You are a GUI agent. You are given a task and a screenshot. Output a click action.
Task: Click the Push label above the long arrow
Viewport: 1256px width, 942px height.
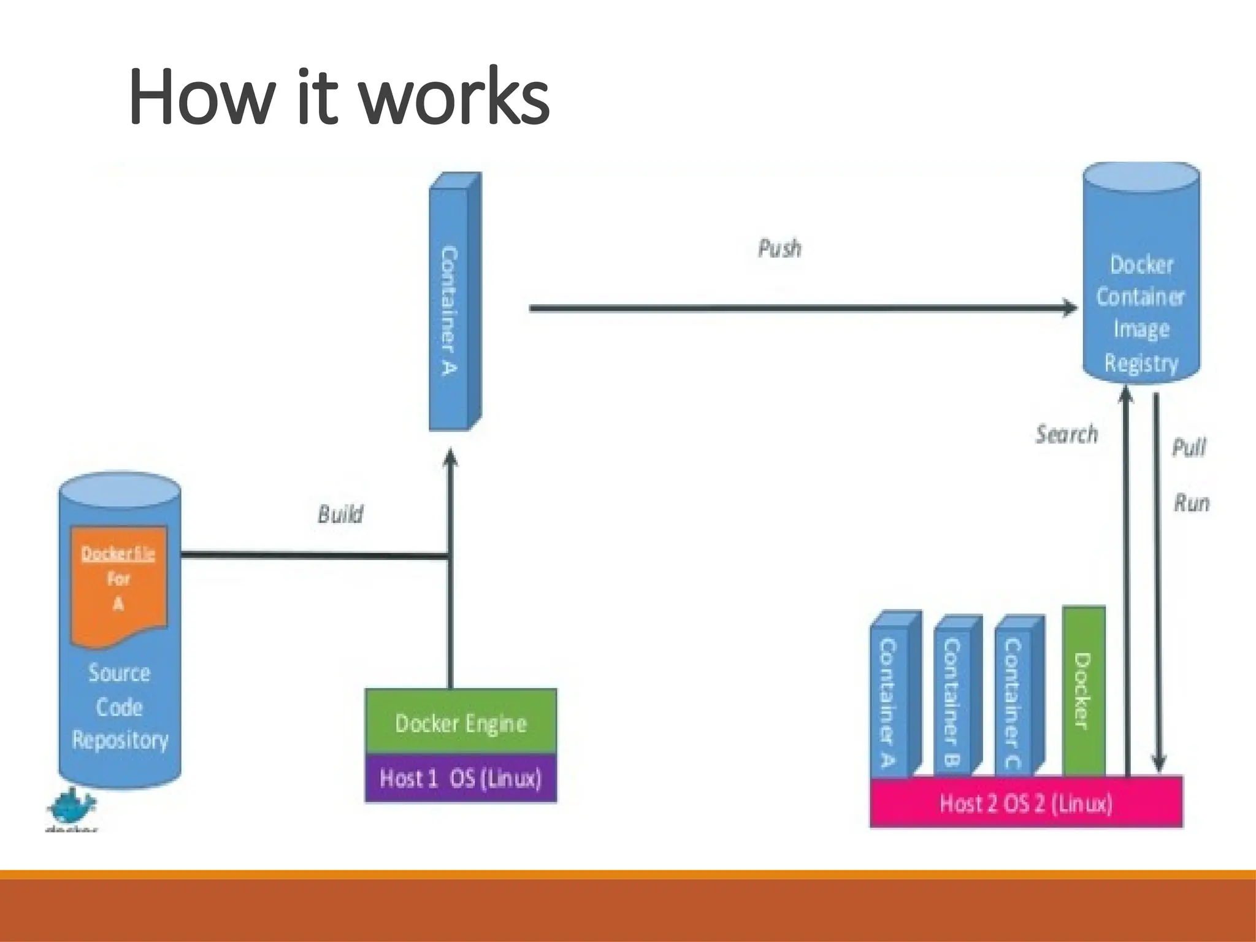pyautogui.click(x=779, y=248)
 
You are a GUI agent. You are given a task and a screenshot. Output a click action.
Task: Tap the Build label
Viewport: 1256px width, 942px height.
pyautogui.click(x=340, y=514)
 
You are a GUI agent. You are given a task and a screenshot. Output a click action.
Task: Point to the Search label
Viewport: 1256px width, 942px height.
pyautogui.click(x=1066, y=434)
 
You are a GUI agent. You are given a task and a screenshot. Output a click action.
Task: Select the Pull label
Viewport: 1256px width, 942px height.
pyautogui.click(x=1189, y=447)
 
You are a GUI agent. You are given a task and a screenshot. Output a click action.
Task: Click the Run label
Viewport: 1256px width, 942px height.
pyautogui.click(x=1192, y=504)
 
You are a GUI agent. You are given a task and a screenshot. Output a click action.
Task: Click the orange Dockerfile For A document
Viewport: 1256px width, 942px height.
pyautogui.click(x=119, y=583)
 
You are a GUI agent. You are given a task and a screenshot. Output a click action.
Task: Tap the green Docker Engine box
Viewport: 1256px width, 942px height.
pyautogui.click(x=461, y=722)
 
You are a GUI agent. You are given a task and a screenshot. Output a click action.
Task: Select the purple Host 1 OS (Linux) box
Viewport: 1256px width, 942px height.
pyautogui.click(x=461, y=778)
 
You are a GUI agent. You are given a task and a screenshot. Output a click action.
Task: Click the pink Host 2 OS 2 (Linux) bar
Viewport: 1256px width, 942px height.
pyautogui.click(x=1026, y=803)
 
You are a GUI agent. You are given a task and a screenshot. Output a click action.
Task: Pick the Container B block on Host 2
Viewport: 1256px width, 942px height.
pyautogui.click(x=952, y=699)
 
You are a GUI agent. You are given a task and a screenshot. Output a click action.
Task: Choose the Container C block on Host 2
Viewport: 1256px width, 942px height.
pyautogui.click(x=1013, y=699)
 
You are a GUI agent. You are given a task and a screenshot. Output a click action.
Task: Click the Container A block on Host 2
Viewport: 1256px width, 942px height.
pyautogui.click(x=889, y=699)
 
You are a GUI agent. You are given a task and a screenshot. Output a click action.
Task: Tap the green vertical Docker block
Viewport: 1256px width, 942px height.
pyautogui.click(x=1083, y=692)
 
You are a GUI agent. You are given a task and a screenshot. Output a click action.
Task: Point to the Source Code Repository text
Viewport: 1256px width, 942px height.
pyautogui.click(x=120, y=706)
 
